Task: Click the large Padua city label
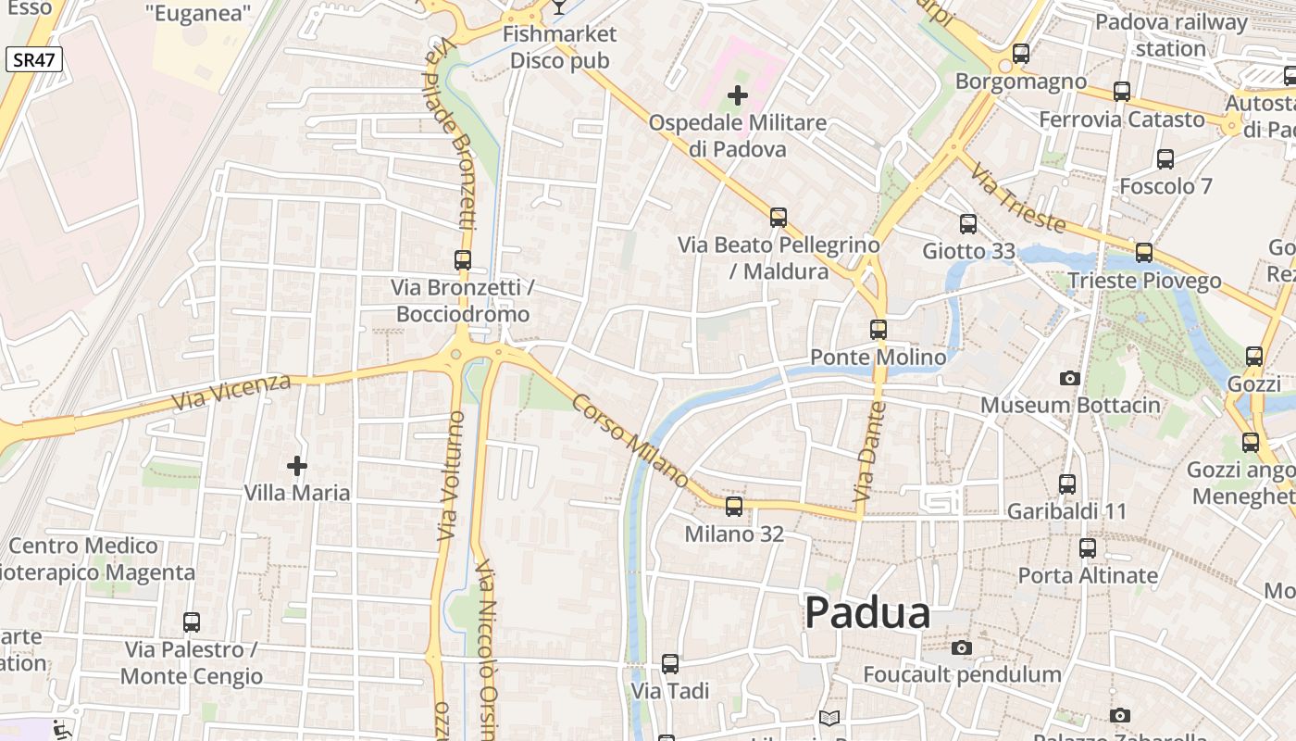click(x=867, y=613)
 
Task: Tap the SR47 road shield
click(x=34, y=61)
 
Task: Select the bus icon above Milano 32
click(x=734, y=507)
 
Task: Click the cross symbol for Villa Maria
click(x=296, y=466)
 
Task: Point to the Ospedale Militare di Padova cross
click(x=738, y=95)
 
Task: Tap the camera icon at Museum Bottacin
click(x=1069, y=378)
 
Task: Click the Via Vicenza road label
click(x=231, y=393)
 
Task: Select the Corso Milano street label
click(x=630, y=442)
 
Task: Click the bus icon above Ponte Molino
click(x=879, y=329)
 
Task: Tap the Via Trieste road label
click(x=1019, y=196)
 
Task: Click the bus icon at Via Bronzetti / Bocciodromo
click(x=463, y=260)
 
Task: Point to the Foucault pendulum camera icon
click(x=962, y=647)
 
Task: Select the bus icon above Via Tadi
click(x=670, y=664)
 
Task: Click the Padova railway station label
click(x=1171, y=34)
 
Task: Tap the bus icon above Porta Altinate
click(x=1088, y=548)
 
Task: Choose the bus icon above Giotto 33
click(x=968, y=223)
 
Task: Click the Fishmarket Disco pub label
click(x=559, y=47)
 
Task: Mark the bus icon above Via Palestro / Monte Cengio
click(x=192, y=622)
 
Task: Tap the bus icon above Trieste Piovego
click(x=1144, y=253)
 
